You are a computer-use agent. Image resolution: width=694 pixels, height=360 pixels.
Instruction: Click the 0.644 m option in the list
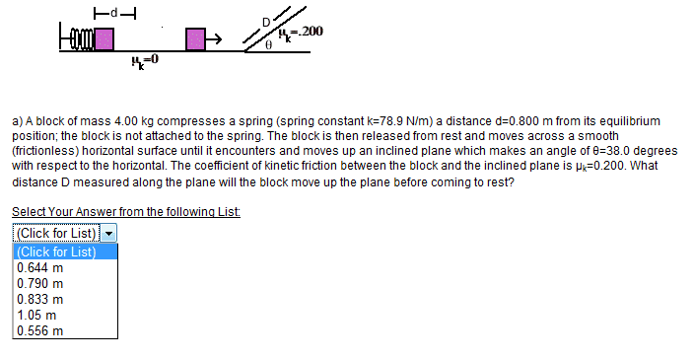click(x=39, y=268)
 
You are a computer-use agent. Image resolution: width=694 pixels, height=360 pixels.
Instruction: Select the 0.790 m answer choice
click(x=39, y=283)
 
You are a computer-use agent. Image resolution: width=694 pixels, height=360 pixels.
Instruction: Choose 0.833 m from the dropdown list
click(x=39, y=299)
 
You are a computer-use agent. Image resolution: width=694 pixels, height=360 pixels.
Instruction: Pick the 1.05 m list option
click(x=36, y=316)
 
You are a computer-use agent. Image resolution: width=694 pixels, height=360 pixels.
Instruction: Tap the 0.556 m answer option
click(x=39, y=330)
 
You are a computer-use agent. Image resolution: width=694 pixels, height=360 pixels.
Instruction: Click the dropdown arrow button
click(x=108, y=233)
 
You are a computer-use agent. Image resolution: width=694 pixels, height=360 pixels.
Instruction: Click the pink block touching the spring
click(x=104, y=39)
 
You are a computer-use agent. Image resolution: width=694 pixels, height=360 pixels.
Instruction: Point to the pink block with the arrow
click(x=195, y=39)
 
